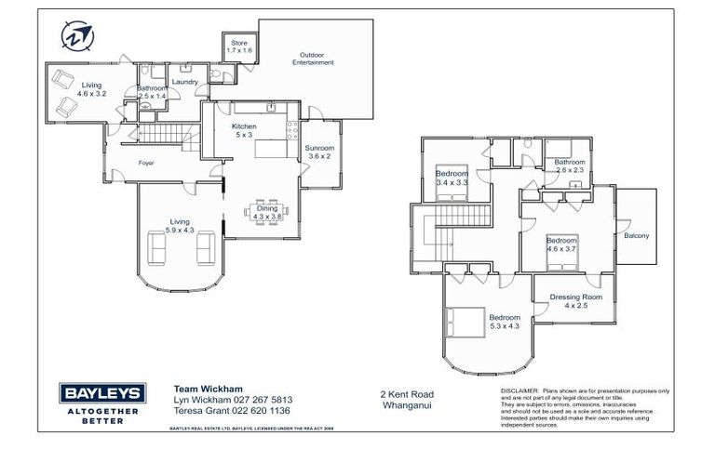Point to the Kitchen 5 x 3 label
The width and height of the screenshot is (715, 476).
(x=244, y=130)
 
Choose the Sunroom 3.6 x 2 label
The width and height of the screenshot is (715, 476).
(x=320, y=152)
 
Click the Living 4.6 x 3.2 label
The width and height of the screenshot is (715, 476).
(x=91, y=89)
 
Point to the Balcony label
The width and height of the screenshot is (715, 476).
(x=637, y=235)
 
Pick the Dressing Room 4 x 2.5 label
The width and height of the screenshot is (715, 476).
(x=575, y=301)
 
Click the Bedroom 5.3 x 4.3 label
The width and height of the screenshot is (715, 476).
(x=504, y=321)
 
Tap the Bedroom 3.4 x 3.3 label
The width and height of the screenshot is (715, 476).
(x=452, y=178)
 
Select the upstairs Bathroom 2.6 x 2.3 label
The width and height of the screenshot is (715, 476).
(x=569, y=166)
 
